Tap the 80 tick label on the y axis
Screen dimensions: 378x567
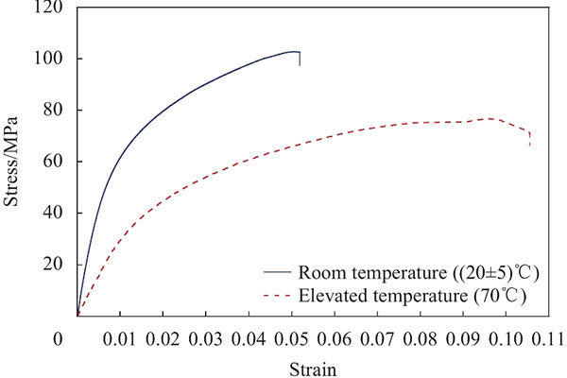(53, 110)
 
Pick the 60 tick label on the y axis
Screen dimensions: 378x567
(53, 162)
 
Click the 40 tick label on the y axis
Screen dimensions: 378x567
(53, 213)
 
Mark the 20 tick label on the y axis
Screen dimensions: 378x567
(53, 265)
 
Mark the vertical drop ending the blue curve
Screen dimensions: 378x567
(300, 59)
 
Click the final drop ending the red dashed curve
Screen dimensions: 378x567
(529, 139)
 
